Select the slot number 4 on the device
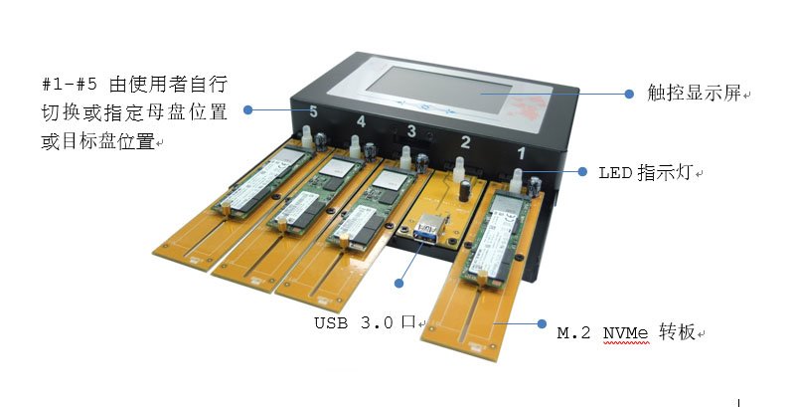pyautogui.click(x=361, y=121)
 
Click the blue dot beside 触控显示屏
pyautogui.click(x=628, y=94)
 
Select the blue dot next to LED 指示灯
pyautogui.click(x=583, y=171)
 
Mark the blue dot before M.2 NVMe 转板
pyautogui.click(x=540, y=323)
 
